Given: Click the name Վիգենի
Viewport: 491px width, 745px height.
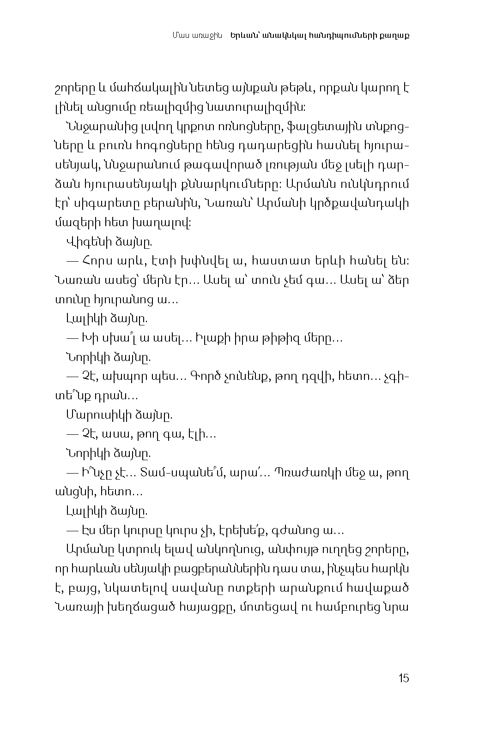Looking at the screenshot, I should tap(85, 242).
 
